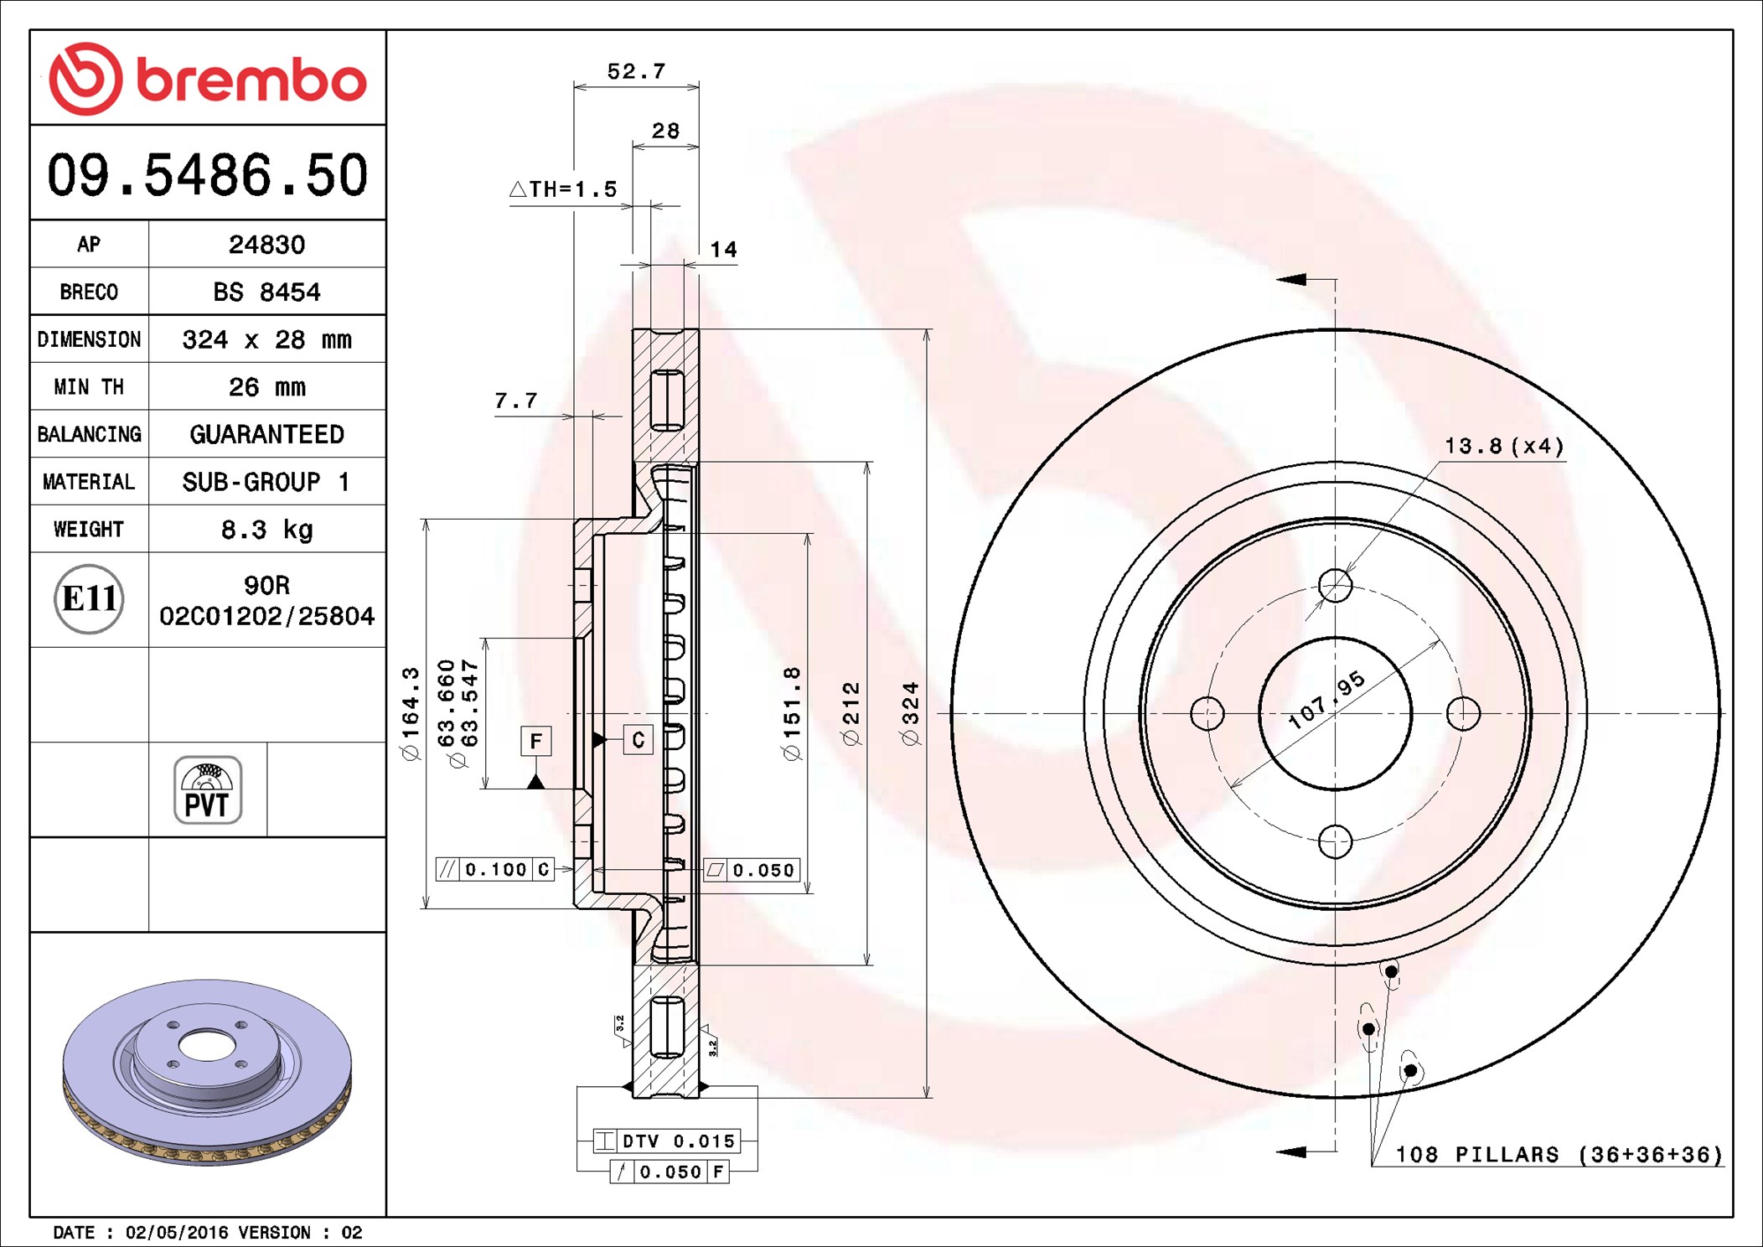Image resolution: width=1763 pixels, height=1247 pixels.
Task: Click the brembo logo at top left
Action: point(207,78)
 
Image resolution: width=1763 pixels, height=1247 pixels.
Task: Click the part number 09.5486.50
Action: point(207,175)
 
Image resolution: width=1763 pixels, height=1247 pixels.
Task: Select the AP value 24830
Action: point(266,244)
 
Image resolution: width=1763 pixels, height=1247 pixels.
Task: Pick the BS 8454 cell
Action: point(266,292)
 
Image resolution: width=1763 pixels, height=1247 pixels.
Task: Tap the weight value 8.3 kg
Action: point(266,529)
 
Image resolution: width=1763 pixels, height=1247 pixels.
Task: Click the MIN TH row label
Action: point(89,386)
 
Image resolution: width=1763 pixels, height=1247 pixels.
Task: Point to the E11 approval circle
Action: point(89,598)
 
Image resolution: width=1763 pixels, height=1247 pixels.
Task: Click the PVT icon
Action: point(208,789)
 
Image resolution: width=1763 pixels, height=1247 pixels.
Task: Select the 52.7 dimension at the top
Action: point(636,71)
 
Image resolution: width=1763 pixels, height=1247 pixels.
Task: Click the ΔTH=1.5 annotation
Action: point(563,189)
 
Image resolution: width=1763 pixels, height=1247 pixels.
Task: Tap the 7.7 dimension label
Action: point(515,401)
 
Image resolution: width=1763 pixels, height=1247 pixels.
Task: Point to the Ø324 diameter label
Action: point(910,714)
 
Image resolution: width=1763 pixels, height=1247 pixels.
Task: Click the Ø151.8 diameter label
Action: point(791,714)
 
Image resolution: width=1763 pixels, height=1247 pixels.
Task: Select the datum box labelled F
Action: point(536,741)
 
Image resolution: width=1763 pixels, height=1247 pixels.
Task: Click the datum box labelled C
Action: point(639,739)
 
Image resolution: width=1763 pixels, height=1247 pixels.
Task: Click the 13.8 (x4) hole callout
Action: point(1504,446)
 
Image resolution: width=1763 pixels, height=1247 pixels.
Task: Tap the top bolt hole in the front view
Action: point(1335,585)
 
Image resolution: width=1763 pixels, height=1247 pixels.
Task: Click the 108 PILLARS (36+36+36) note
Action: point(1559,1155)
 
